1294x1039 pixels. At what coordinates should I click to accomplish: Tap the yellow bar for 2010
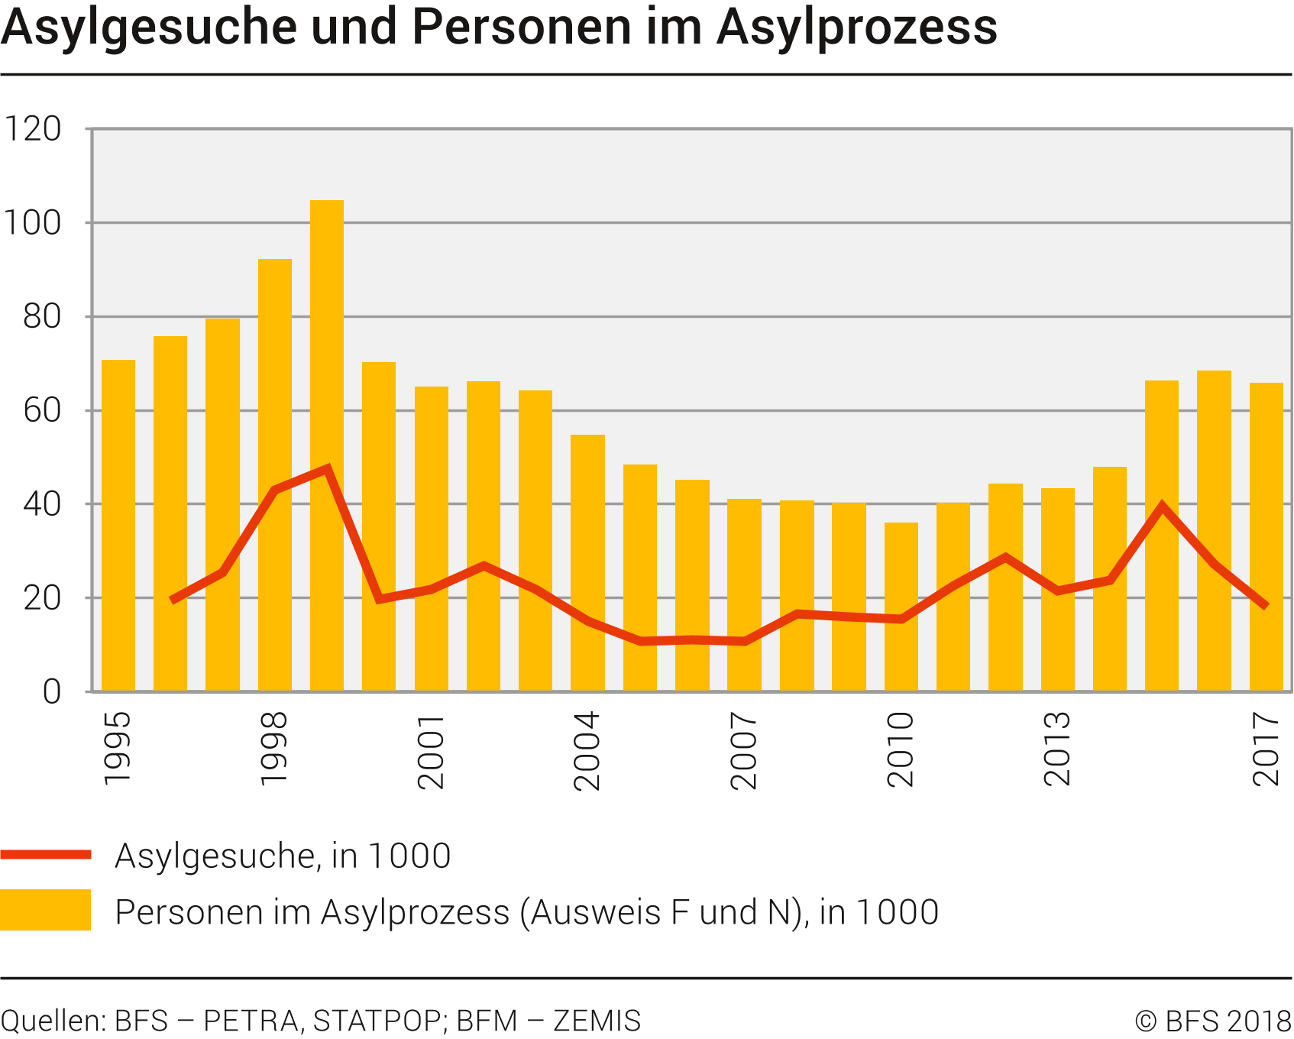[901, 607]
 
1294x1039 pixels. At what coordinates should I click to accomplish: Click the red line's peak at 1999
[327, 468]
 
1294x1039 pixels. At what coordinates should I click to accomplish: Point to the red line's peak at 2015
[1162, 506]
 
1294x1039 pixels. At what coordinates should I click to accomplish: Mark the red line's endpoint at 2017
[1266, 606]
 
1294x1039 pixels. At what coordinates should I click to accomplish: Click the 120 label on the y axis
[33, 129]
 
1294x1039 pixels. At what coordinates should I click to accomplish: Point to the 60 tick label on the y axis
[42, 410]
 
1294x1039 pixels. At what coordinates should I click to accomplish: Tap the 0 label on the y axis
[52, 691]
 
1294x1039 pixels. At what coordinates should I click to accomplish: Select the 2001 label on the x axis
[431, 750]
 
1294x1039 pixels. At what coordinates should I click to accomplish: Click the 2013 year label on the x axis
[1057, 749]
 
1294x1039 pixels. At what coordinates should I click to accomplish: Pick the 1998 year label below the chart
[273, 749]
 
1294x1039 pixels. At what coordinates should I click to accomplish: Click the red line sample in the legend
[46, 855]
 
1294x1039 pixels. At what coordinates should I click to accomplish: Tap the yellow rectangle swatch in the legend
[46, 910]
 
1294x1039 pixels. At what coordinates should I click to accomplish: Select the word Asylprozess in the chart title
[856, 28]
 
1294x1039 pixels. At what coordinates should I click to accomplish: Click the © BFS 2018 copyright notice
[1213, 1021]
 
